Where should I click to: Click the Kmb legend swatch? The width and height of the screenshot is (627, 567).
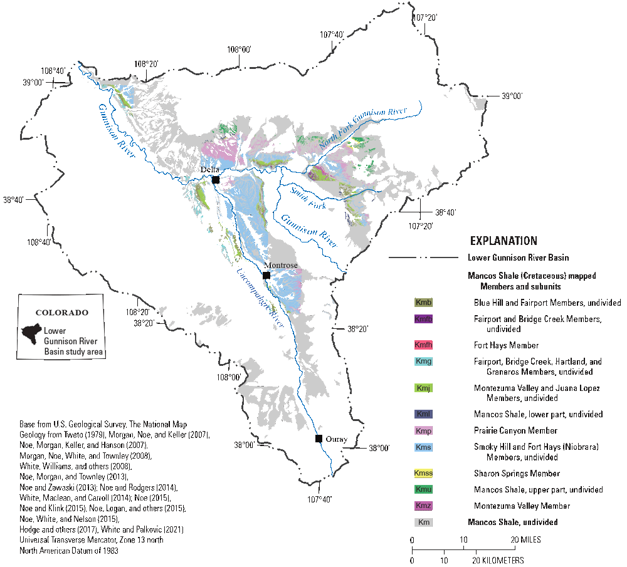[x=424, y=303]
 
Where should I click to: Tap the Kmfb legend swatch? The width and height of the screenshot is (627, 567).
[x=424, y=319]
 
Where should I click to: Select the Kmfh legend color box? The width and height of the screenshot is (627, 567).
[x=424, y=345]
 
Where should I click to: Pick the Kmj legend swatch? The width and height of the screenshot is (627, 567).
[x=424, y=388]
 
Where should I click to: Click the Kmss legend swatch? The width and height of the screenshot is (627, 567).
[x=424, y=473]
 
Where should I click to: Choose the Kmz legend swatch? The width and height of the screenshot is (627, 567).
[x=424, y=506]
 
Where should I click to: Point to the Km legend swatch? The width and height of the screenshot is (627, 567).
[x=424, y=522]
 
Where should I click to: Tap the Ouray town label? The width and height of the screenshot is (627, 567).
[x=336, y=439]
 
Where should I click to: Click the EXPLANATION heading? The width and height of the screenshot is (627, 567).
[x=503, y=241]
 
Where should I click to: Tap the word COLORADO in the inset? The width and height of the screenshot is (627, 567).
[x=62, y=311]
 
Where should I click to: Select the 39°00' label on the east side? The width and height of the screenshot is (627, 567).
[x=512, y=96]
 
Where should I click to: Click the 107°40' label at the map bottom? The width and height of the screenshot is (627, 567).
[x=319, y=499]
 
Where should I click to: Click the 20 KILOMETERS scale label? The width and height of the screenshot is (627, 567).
[x=500, y=560]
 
